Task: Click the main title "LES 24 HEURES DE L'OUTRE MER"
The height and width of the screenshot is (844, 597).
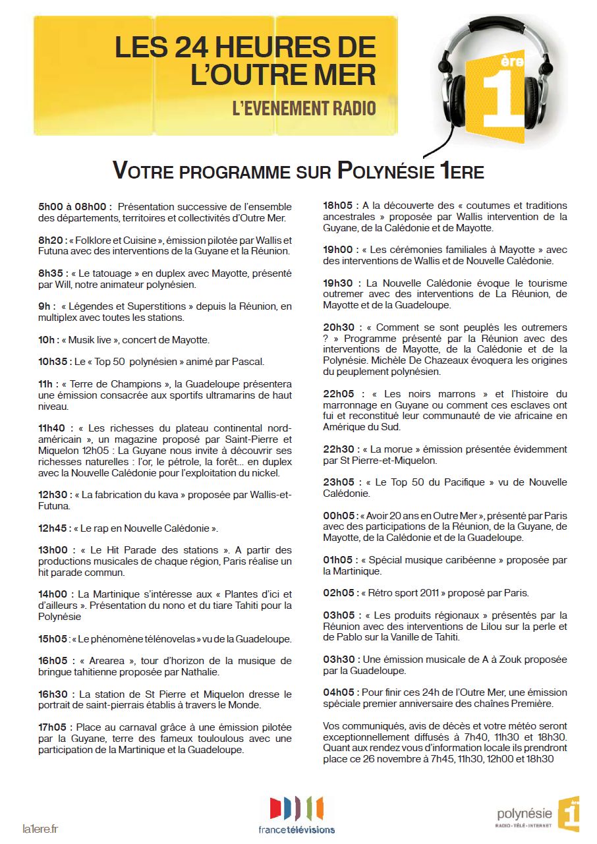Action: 245,61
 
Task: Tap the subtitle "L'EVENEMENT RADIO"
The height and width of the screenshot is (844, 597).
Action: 304,108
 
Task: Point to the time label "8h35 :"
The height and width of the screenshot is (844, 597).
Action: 53,273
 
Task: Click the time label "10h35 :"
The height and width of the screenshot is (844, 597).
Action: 55,362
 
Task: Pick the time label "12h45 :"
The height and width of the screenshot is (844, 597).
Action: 55,528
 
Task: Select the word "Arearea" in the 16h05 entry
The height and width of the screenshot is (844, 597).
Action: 109,661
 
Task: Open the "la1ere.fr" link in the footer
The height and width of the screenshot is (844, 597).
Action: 40,828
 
